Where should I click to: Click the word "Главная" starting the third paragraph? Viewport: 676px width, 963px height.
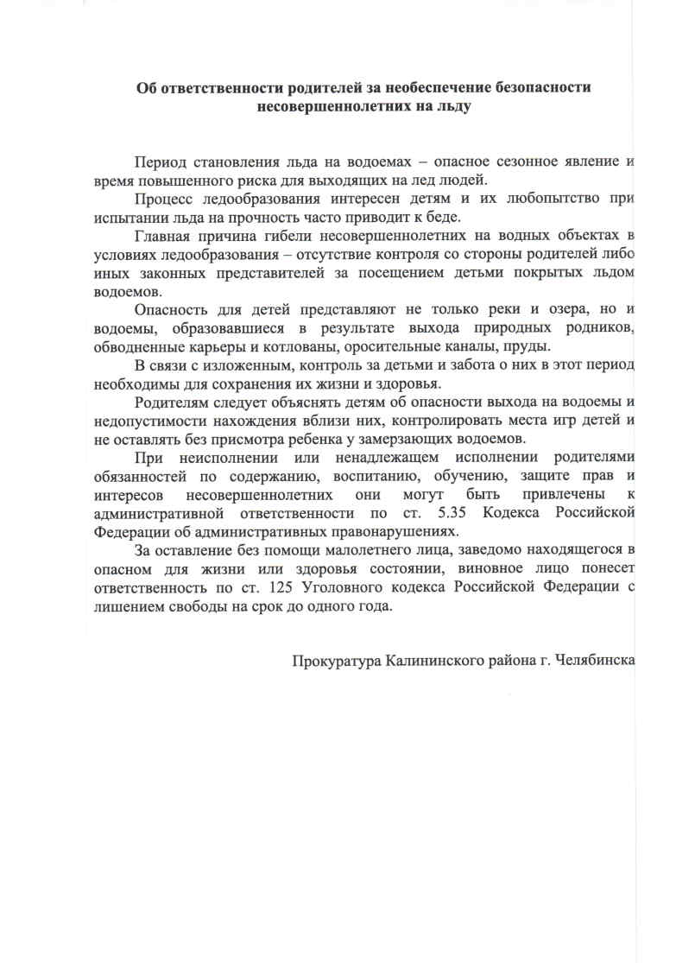(x=163, y=236)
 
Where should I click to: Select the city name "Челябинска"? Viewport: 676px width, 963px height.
(x=592, y=661)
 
